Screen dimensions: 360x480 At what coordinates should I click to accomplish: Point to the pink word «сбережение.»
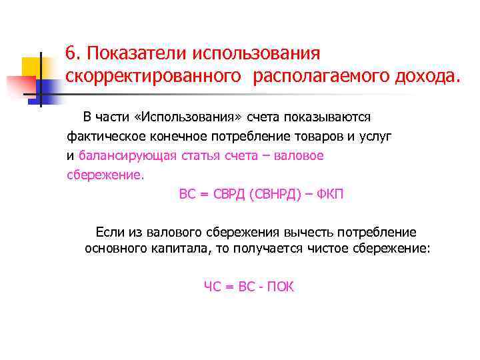(x=105, y=176)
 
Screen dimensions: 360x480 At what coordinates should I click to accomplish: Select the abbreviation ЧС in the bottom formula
(x=213, y=287)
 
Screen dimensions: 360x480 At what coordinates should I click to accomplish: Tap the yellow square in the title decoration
(x=31, y=67)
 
